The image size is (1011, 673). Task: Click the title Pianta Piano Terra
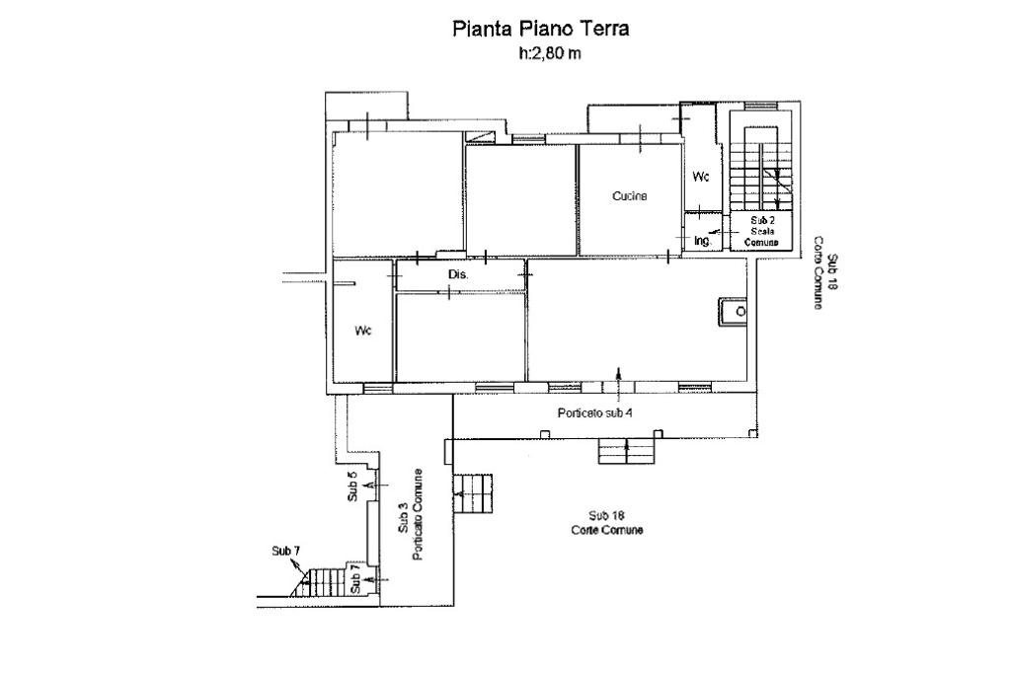click(x=540, y=29)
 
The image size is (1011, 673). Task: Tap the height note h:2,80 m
click(x=549, y=53)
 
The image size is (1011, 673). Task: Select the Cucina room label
click(x=629, y=196)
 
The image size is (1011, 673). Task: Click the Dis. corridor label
click(x=458, y=274)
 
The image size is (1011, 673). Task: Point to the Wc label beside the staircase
click(x=701, y=176)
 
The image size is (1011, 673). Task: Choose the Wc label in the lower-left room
click(x=363, y=331)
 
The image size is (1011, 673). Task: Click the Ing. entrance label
click(x=703, y=241)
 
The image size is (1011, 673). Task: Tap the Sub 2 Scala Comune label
click(x=761, y=232)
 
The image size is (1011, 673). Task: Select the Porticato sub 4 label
click(x=594, y=412)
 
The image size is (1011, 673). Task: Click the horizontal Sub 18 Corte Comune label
click(x=607, y=523)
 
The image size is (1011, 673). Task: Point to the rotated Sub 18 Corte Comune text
click(x=824, y=272)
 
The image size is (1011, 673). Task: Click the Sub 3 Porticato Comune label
click(x=411, y=514)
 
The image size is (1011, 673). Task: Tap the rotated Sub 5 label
click(x=352, y=486)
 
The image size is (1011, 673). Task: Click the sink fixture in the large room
click(x=734, y=312)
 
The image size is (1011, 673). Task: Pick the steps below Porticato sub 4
click(x=627, y=451)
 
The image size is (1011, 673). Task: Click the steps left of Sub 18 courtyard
click(x=473, y=494)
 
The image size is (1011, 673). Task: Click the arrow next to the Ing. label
click(x=715, y=231)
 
